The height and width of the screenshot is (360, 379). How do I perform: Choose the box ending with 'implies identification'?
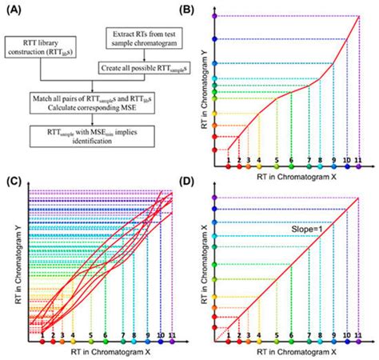(x=90, y=134)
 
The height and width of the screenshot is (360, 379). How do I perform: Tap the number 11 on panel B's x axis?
(x=359, y=161)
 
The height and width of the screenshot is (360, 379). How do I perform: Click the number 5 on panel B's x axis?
(x=276, y=161)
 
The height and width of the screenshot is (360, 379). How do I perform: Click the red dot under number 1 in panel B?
(x=229, y=170)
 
